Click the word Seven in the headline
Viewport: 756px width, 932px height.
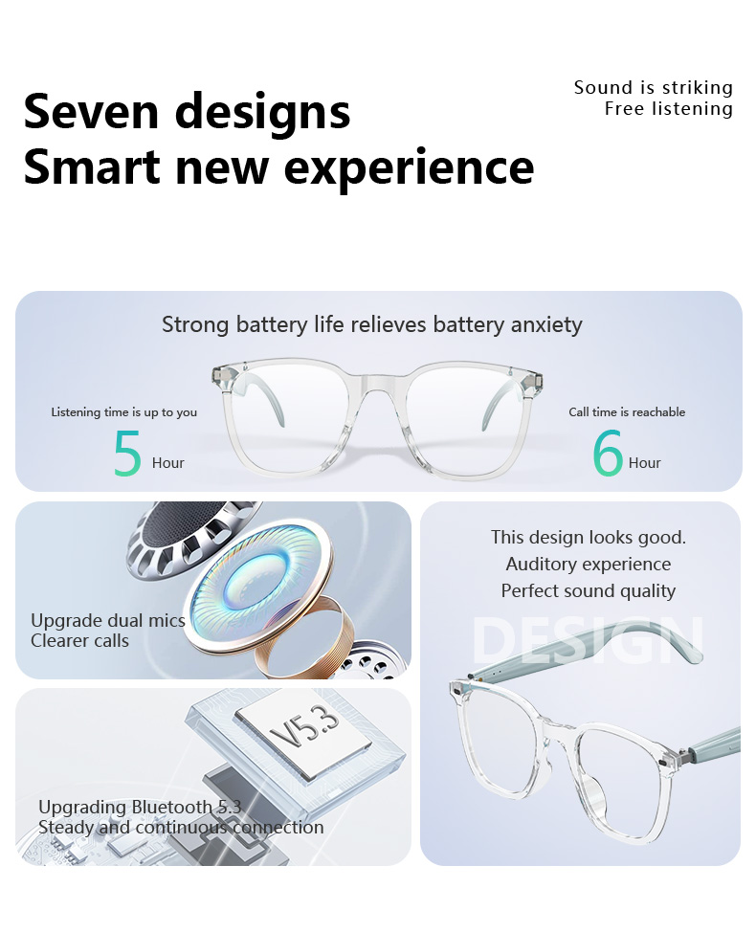91,111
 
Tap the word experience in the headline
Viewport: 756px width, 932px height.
409,168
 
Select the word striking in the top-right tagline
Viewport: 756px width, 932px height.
698,88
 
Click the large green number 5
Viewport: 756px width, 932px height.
127,454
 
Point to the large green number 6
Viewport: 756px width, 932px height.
608,454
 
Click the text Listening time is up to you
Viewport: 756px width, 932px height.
123,411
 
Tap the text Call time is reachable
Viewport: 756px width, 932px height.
627,411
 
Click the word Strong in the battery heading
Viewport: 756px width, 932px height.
195,325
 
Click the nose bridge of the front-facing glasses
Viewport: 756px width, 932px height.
377,382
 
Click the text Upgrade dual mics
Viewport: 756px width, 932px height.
108,621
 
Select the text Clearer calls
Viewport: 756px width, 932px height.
79,641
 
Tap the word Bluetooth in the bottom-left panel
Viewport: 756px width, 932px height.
171,807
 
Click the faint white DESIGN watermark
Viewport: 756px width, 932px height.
588,639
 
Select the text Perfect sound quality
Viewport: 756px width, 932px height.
589,590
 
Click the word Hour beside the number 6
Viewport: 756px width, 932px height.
645,463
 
